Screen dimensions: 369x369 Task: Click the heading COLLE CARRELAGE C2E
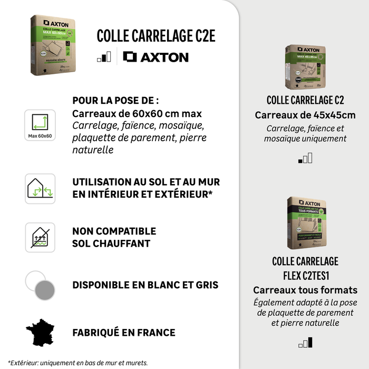[156, 36]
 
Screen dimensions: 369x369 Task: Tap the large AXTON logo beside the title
[156, 57]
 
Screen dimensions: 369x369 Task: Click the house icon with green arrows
[40, 188]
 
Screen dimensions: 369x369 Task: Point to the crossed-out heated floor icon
[40, 237]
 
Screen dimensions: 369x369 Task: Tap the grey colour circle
[45, 289]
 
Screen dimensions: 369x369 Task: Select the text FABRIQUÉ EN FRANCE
[124, 333]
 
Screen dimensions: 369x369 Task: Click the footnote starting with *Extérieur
[78, 363]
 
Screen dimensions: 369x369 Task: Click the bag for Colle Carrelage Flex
[305, 222]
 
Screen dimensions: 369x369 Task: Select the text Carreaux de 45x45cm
[305, 115]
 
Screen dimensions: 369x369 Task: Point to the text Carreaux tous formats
[305, 290]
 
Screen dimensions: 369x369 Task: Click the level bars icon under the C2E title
[104, 57]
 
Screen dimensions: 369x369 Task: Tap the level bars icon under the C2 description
[305, 157]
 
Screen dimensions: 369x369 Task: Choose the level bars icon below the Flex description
[305, 343]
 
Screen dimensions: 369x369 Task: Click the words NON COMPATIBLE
[114, 231]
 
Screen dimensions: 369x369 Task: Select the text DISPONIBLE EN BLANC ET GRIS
[145, 285]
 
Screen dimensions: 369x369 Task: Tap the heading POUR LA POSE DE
[115, 101]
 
